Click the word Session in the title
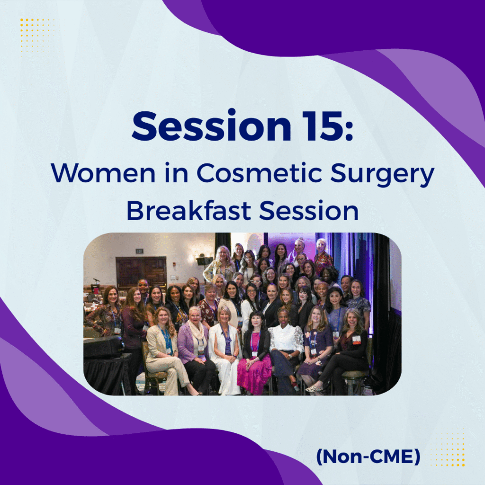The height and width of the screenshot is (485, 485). coord(212,126)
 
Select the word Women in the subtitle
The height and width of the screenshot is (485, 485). coord(103,173)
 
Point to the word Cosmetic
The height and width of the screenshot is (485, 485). coord(259,173)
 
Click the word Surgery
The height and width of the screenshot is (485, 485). coord(382,174)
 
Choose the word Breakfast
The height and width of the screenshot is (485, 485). coord(189,210)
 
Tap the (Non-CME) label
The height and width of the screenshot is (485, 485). coord(368,457)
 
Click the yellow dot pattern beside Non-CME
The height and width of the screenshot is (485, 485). coord(447,448)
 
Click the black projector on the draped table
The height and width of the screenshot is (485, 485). coord(104,346)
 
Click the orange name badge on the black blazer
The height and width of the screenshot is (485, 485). coord(356,340)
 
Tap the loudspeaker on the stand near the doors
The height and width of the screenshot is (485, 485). coord(205,261)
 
